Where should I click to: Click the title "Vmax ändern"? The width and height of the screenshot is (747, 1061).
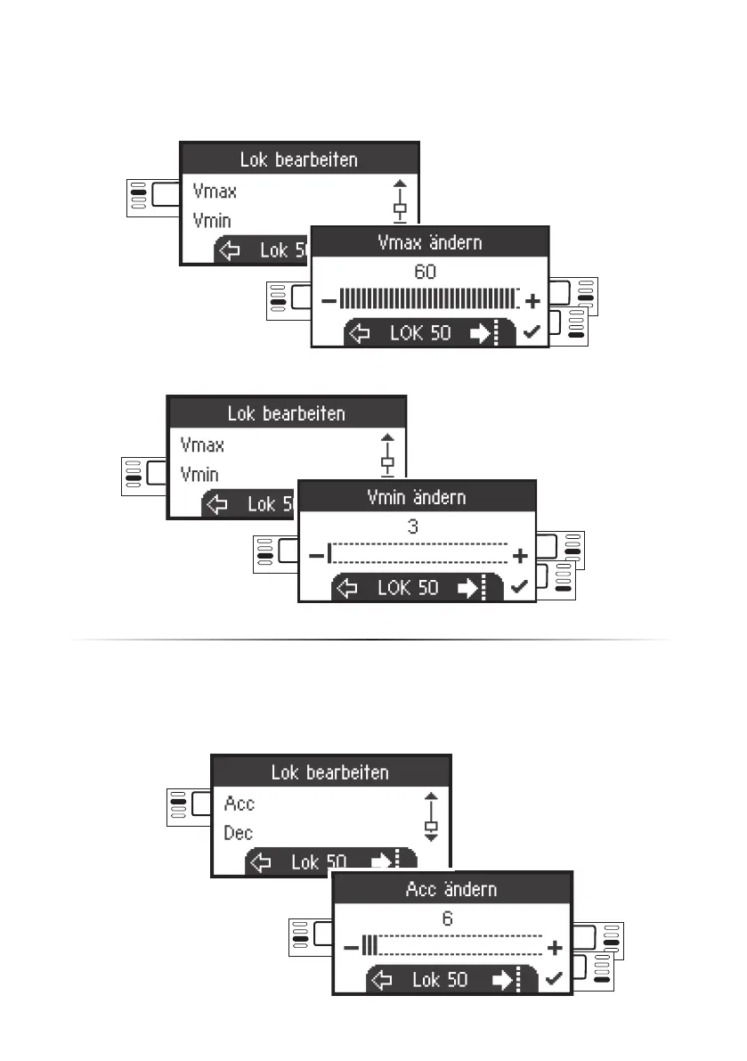point(430,242)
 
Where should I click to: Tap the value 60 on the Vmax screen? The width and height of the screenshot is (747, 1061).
point(426,272)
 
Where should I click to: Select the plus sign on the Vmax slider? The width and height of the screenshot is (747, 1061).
point(533,300)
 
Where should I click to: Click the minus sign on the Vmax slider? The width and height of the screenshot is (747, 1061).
point(329,300)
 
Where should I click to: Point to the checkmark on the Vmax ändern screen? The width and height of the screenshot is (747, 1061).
point(532,332)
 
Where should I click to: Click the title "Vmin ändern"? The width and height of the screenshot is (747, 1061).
point(417,496)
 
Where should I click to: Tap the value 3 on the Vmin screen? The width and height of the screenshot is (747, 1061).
point(413,526)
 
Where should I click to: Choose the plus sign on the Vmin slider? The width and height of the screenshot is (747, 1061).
point(521,555)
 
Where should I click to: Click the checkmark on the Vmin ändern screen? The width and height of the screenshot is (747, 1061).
point(520,587)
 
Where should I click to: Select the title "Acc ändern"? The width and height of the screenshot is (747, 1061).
point(451,888)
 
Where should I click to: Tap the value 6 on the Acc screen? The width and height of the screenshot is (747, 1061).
point(448,918)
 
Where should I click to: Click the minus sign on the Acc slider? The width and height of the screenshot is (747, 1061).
point(351,947)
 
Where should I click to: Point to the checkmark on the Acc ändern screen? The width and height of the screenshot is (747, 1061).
point(555,979)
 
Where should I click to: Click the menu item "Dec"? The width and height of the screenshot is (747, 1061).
point(239,833)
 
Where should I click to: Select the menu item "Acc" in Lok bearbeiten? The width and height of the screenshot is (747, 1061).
point(240,803)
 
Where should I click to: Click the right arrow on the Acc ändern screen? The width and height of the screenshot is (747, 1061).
point(502,980)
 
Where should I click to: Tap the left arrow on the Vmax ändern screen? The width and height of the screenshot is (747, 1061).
point(359,333)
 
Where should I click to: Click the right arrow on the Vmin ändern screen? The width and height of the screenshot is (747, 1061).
point(467,588)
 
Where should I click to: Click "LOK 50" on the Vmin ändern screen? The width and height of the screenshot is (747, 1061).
point(408,588)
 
